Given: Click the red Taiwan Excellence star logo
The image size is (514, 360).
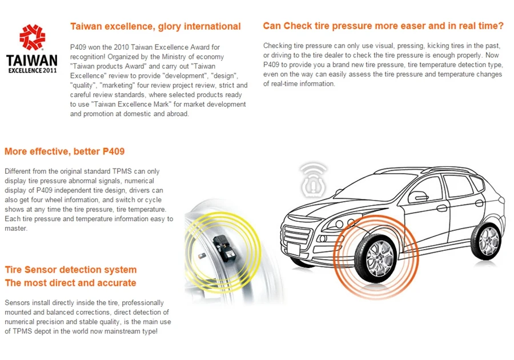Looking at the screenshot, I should pos(32,37).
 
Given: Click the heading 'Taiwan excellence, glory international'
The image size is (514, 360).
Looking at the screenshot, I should pos(155,26).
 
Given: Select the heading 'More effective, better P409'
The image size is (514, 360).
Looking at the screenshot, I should pos(65,151).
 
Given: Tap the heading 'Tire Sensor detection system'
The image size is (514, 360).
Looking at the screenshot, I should pos(70,269).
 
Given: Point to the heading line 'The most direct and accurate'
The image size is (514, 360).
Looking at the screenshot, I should pos(70,283).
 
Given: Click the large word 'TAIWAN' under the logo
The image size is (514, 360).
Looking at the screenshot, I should pos(32,61).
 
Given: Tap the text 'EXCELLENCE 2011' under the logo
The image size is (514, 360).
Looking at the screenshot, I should pos(33,71).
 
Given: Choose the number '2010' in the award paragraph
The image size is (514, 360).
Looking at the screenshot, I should pos(129,47).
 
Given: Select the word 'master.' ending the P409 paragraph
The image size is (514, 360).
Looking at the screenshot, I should pos(16,229).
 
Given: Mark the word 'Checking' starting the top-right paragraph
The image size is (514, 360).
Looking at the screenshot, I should pos(278,45).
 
